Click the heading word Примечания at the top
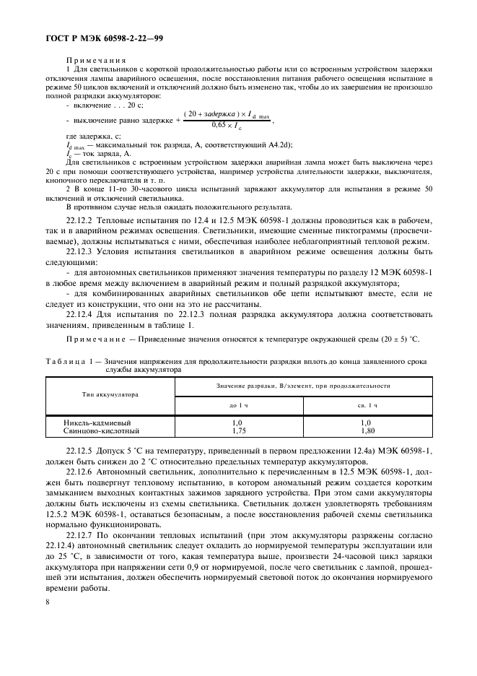click(96, 61)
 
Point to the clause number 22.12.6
click(80, 470)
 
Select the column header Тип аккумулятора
click(110, 395)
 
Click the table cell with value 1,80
click(367, 430)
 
